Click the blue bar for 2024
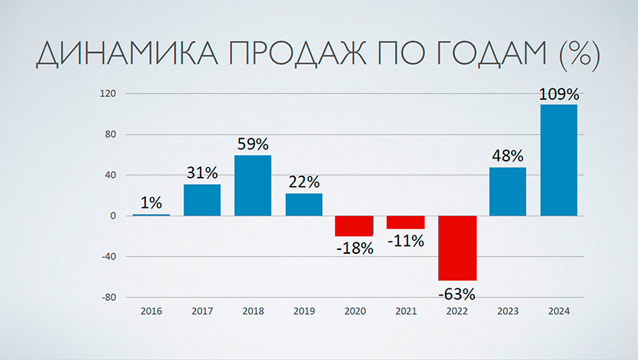tap(559, 160)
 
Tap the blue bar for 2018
tap(253, 185)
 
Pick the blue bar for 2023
tap(507, 192)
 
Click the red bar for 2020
tap(354, 225)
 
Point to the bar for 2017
tap(202, 200)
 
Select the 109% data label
tap(559, 95)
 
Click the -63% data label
tap(457, 293)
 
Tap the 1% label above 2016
tap(151, 203)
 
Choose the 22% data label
tap(304, 183)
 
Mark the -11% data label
tap(406, 240)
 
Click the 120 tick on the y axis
tap(107, 94)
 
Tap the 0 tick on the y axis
tap(112, 216)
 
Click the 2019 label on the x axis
tap(304, 311)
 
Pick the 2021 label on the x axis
tap(406, 311)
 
